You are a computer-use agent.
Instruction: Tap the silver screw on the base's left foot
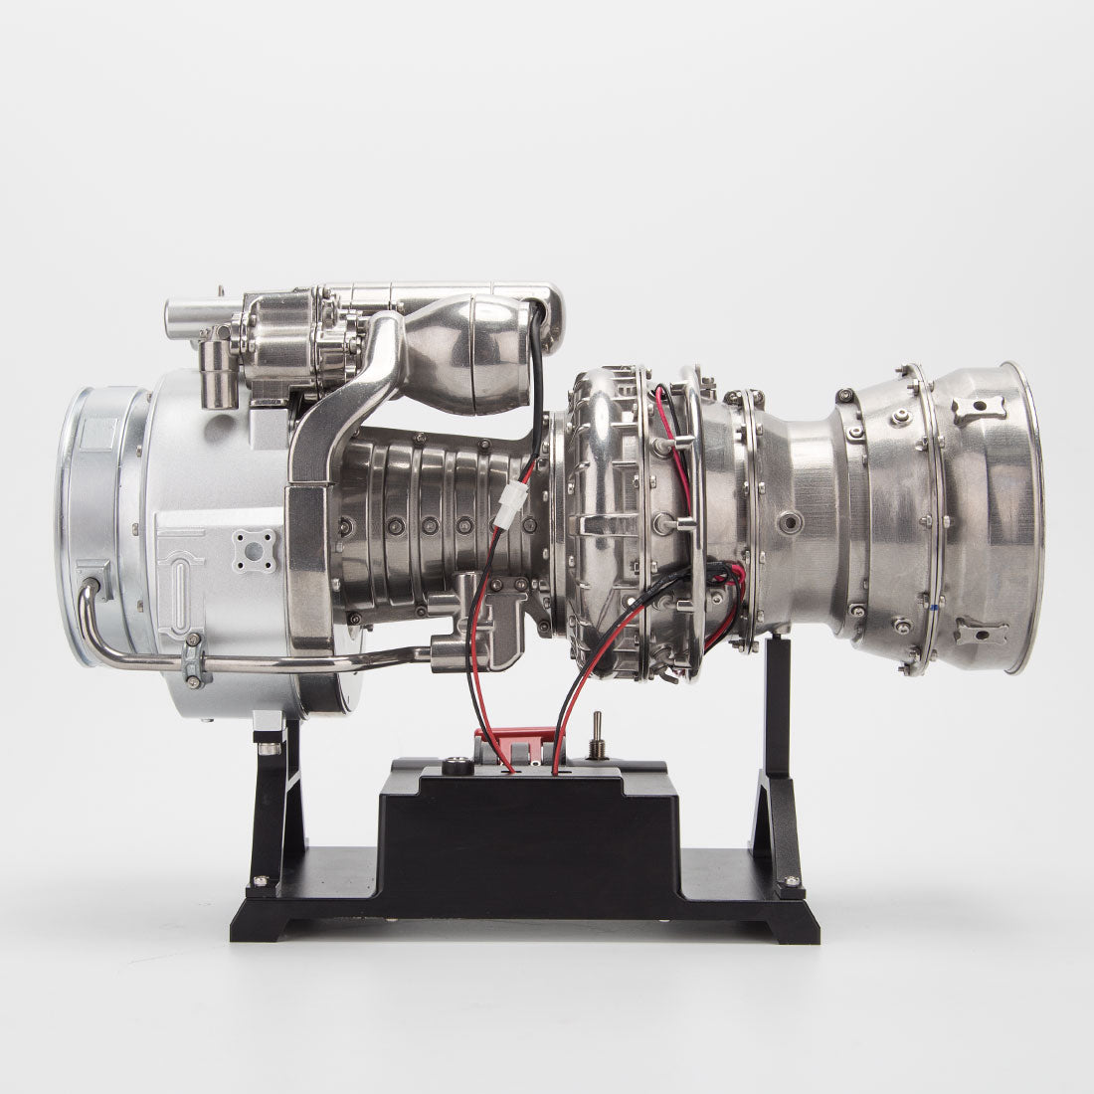pyautogui.click(x=262, y=879)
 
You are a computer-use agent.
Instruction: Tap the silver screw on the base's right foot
pyautogui.click(x=792, y=879)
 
